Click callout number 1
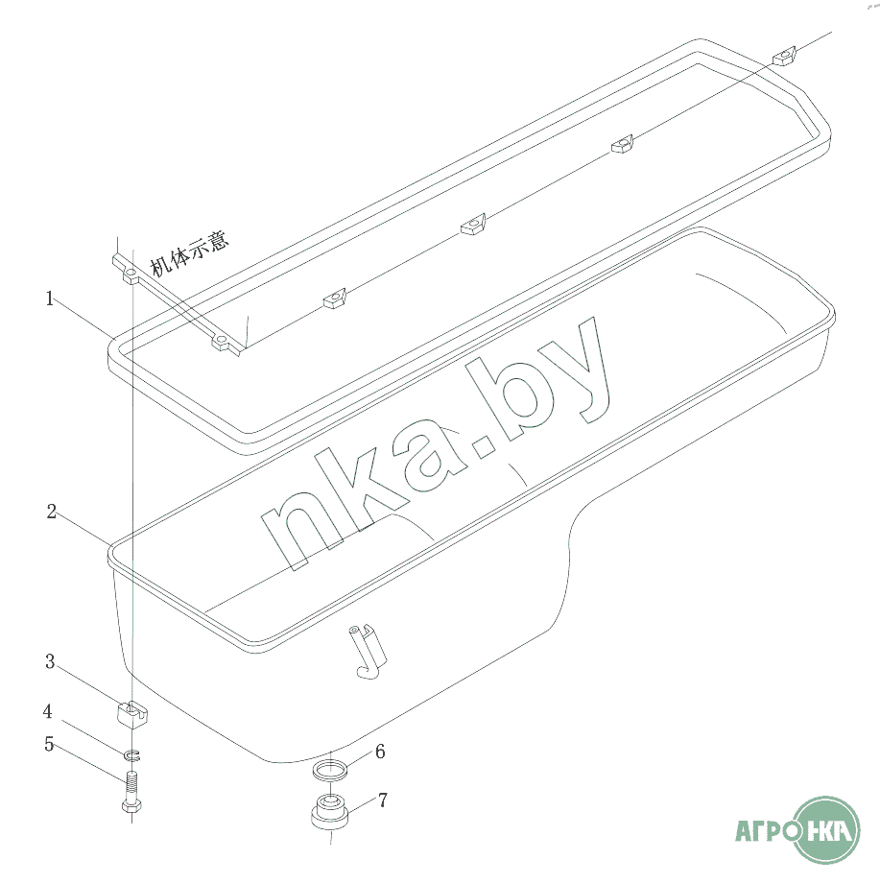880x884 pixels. tap(50, 299)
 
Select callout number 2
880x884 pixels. tap(51, 512)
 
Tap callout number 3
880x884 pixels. tap(50, 662)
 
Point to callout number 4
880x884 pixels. tap(48, 711)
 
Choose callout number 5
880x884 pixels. tap(49, 744)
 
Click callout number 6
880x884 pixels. tap(381, 752)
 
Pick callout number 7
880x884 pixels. tap(383, 800)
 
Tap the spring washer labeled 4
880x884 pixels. tap(131, 754)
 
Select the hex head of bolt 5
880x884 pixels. tap(131, 805)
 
